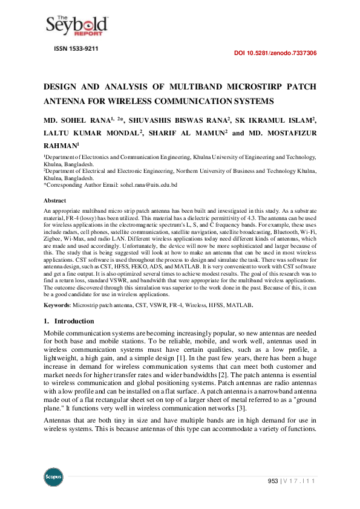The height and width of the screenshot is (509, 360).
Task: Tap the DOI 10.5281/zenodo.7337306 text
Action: [x=275, y=53]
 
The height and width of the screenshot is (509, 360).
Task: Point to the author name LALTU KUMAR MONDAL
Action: [x=93, y=132]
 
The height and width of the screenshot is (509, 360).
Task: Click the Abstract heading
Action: [x=55, y=199]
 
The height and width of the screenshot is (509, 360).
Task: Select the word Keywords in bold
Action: [x=57, y=305]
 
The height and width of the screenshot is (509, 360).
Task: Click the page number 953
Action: [x=273, y=481]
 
